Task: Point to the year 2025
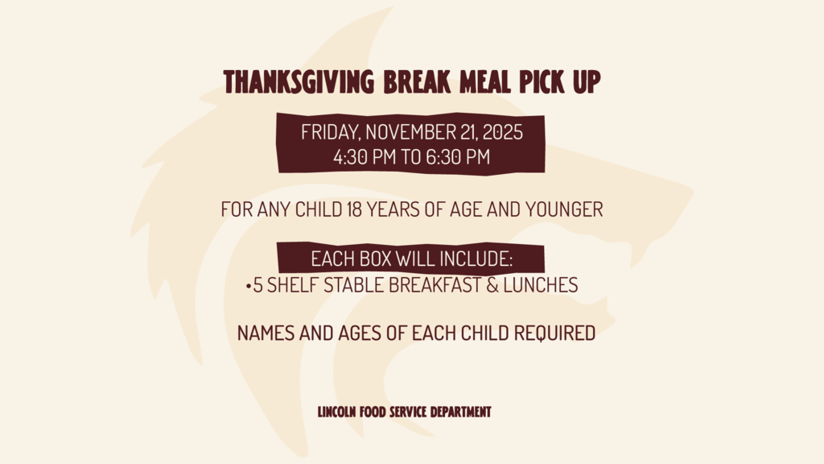[x=501, y=133]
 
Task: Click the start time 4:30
[x=352, y=157]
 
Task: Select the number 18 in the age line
[x=352, y=210]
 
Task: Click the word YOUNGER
[x=563, y=210]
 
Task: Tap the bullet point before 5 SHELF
[x=248, y=286]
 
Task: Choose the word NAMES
[x=266, y=333]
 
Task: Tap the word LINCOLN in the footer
[x=337, y=412]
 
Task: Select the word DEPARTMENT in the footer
[x=460, y=412]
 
